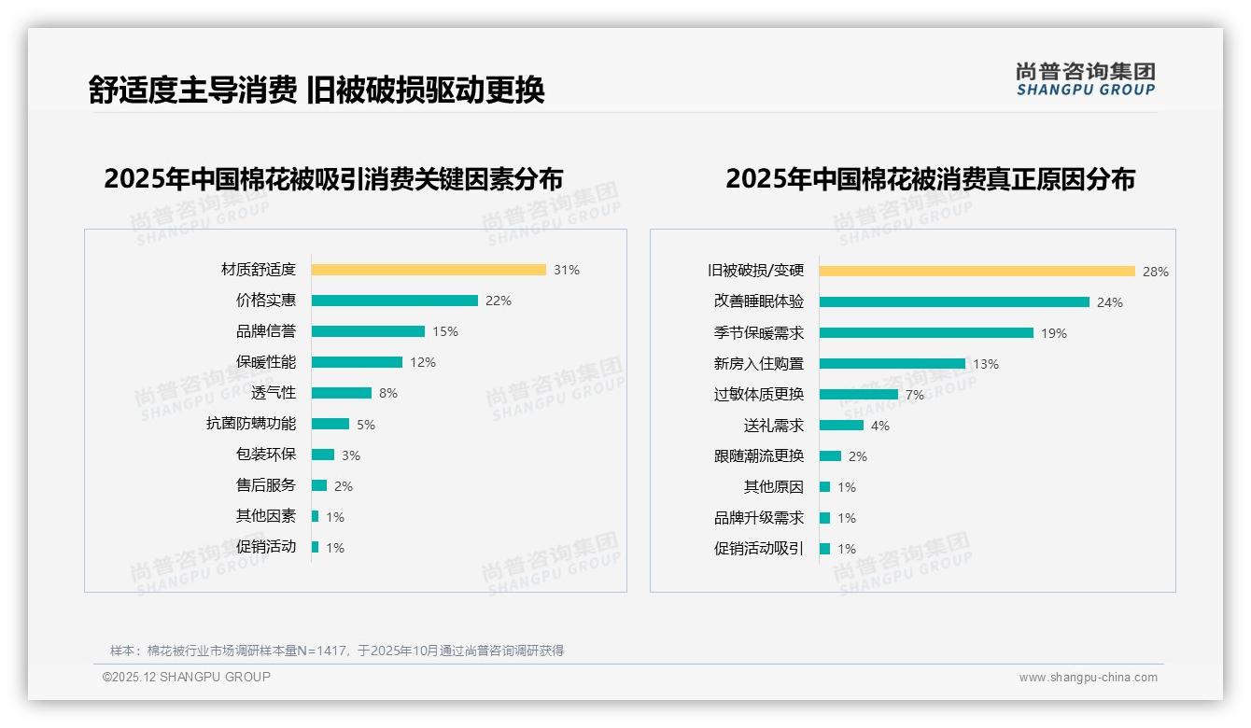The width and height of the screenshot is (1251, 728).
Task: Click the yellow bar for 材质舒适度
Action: click(429, 270)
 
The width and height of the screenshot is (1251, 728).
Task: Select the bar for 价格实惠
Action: click(394, 301)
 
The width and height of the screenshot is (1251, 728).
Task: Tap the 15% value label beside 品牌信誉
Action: click(445, 331)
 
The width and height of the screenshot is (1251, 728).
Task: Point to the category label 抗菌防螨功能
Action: click(251, 424)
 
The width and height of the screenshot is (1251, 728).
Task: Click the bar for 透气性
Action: click(341, 393)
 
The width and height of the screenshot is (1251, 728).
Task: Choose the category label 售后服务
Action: click(266, 485)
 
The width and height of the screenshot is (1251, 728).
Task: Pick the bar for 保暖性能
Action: click(357, 362)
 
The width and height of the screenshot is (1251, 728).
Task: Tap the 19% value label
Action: click(1054, 333)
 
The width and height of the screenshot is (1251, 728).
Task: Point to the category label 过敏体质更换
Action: click(759, 395)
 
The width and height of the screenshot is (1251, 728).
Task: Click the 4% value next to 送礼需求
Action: click(880, 426)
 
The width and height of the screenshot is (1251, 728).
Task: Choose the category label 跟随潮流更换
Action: click(759, 456)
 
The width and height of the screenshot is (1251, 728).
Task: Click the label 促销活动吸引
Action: click(759, 549)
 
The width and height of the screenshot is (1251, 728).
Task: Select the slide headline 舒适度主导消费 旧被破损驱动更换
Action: click(316, 90)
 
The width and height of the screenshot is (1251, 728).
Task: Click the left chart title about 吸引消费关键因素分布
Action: click(333, 178)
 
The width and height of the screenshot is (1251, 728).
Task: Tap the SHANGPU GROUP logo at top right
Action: click(1086, 79)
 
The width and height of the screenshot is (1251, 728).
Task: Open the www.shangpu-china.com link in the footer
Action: click(1088, 678)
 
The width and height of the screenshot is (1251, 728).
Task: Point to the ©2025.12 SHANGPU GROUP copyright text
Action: click(187, 677)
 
